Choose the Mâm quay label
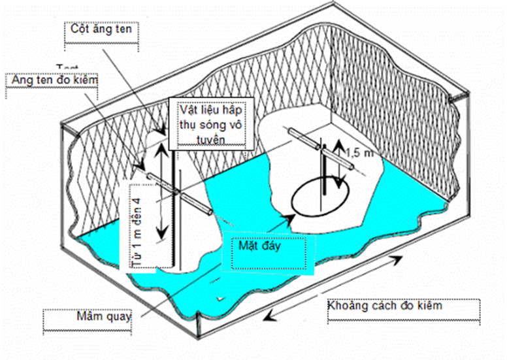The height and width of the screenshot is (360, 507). (x=104, y=315)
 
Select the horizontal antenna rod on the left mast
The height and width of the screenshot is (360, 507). (x=177, y=194)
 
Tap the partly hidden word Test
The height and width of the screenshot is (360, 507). (x=67, y=67)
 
